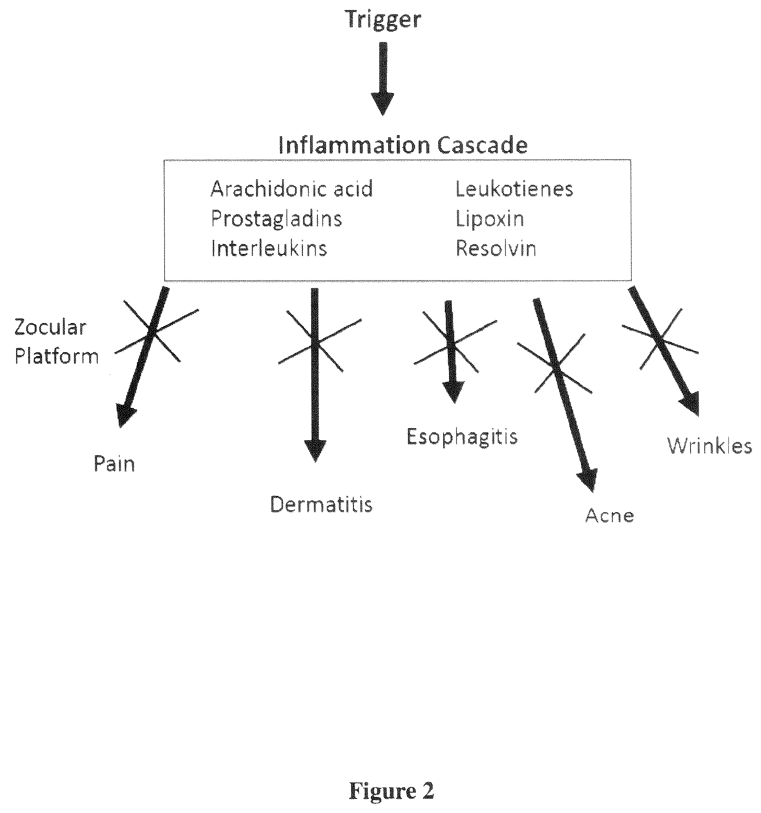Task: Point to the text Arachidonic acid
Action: click(292, 189)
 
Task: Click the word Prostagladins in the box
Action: click(276, 219)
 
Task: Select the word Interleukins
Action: click(269, 248)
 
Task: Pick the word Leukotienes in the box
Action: click(514, 189)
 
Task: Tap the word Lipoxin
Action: click(490, 219)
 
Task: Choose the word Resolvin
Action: click(496, 248)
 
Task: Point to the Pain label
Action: click(114, 464)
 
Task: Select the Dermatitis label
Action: click(321, 504)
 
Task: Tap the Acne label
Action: click(609, 515)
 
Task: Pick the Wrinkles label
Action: click(710, 446)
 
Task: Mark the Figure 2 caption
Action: click(392, 791)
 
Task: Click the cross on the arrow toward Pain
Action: click(152, 330)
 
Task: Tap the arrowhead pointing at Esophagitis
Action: click(454, 391)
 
